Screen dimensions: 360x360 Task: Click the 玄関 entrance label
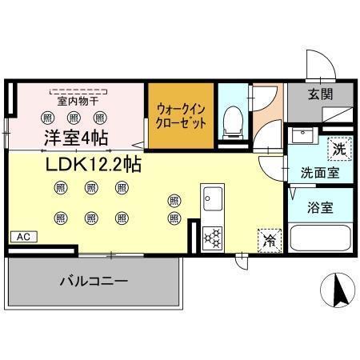[321, 93]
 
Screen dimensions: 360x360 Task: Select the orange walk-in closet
[181, 116]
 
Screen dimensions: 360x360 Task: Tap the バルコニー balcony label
[94, 282]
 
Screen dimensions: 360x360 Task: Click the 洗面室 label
[318, 171]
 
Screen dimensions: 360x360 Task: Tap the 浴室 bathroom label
[322, 206]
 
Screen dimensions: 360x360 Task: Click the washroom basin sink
[301, 136]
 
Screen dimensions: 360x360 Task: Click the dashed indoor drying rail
[78, 90]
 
